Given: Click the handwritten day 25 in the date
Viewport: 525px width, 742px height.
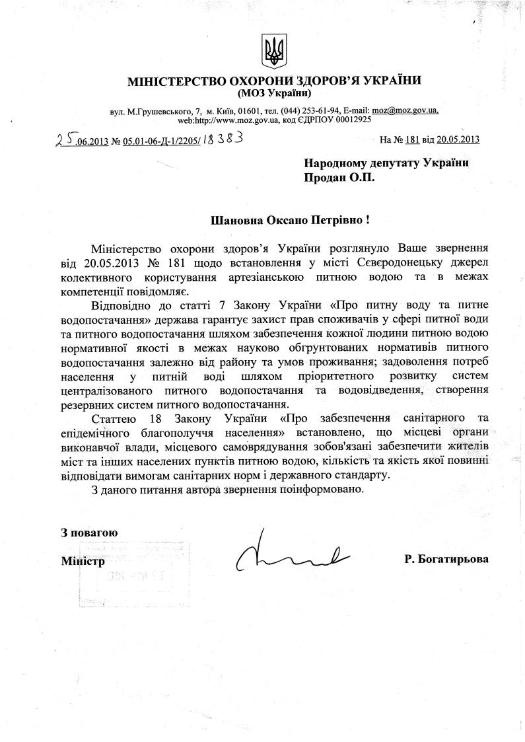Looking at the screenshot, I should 64,139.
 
